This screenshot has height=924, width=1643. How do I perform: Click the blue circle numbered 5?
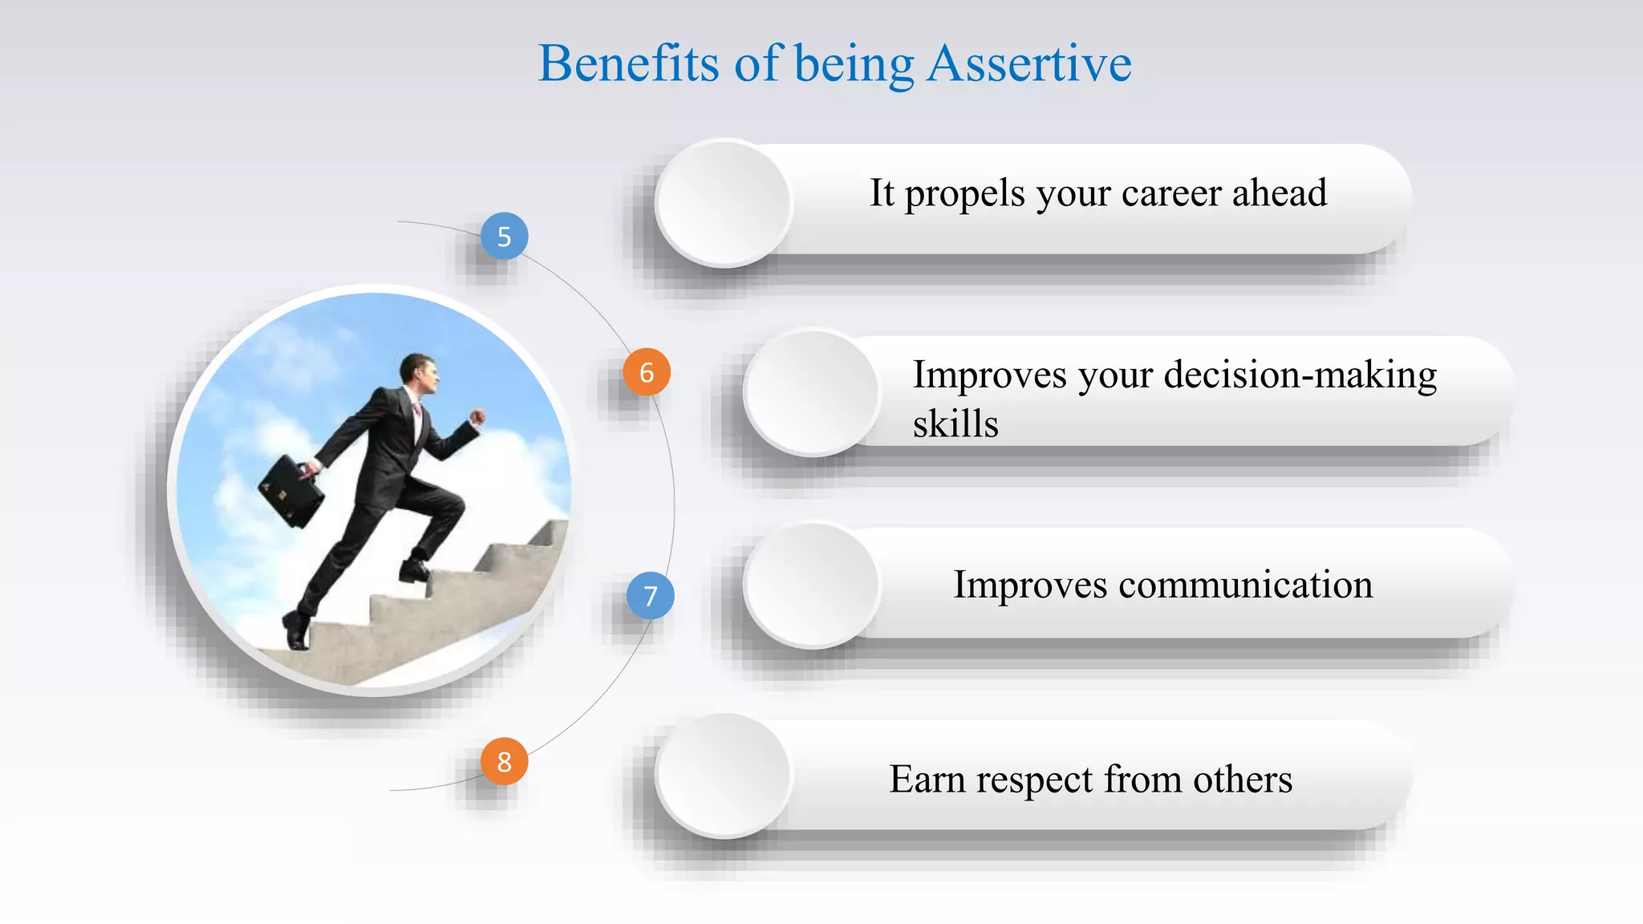504,236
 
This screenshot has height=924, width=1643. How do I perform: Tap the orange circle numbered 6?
647,372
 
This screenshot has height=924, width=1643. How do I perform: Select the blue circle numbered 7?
650,595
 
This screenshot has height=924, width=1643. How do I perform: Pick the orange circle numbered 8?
504,761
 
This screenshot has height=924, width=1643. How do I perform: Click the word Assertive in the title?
1028,63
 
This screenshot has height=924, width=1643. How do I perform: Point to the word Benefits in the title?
628,63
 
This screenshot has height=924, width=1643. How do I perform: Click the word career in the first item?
1171,193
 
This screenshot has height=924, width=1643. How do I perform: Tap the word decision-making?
1300,375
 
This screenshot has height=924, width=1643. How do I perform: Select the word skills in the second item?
955,423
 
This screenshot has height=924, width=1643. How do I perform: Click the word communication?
1245,585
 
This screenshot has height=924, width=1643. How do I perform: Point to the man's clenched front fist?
477,417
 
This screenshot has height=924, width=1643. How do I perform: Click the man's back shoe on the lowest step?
296,631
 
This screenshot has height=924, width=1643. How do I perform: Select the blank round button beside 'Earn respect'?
723,776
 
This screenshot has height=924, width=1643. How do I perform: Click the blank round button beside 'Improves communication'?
811,585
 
